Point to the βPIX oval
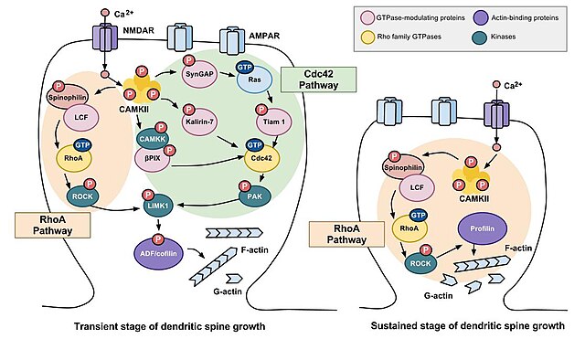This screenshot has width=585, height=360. pyautogui.click(x=154, y=156)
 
